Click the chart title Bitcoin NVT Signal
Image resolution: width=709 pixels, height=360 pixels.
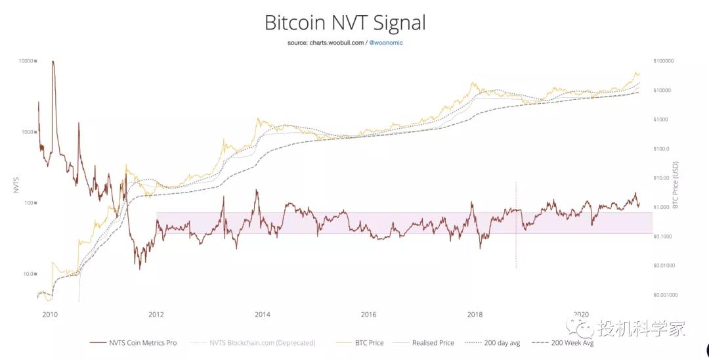click(345, 23)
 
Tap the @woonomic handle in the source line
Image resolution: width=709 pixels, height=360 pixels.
click(387, 42)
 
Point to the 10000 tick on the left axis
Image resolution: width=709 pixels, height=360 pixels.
click(26, 61)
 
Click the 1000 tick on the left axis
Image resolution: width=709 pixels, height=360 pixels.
click(28, 132)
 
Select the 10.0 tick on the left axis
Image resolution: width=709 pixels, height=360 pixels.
click(28, 274)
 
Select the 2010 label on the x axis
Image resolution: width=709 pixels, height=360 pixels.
click(50, 314)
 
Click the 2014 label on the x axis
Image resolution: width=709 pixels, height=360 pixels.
click(263, 314)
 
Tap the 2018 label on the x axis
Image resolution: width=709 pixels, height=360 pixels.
click(475, 314)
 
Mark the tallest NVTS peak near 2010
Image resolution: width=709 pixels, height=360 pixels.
click(53, 62)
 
